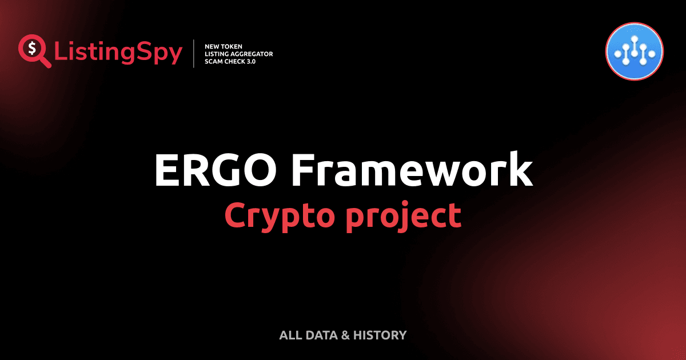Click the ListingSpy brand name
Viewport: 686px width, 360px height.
pyautogui.click(x=118, y=53)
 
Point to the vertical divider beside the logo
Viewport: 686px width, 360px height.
pyautogui.click(x=194, y=53)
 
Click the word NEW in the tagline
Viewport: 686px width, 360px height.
pyautogui.click(x=210, y=45)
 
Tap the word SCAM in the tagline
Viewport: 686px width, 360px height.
pyautogui.click(x=212, y=61)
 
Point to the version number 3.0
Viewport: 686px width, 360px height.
pyautogui.click(x=251, y=61)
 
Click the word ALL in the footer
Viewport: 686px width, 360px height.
pyautogui.click(x=289, y=335)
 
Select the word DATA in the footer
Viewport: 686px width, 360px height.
pyautogui.click(x=320, y=335)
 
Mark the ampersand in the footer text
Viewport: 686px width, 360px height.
pyautogui.click(x=345, y=335)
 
